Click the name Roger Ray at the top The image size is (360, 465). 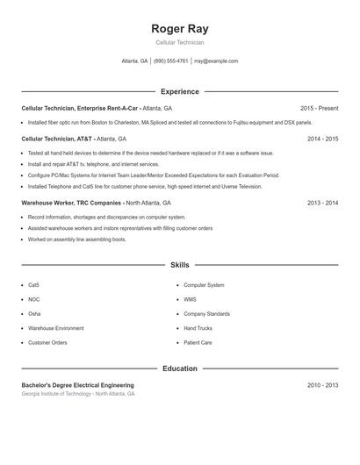(179, 29)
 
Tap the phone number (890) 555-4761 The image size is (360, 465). (171, 61)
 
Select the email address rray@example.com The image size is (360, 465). (216, 61)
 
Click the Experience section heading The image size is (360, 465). (179, 91)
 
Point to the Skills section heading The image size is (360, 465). (179, 264)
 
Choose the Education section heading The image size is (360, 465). (179, 368)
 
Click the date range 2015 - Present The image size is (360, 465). (319, 108)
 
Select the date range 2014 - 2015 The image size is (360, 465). (322, 139)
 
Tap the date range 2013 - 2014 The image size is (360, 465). (322, 203)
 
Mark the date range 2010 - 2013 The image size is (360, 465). (322, 385)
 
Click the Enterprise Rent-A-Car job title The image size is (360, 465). (97, 108)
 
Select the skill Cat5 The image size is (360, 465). (33, 285)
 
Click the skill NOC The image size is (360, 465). (33, 299)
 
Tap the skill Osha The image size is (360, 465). (34, 313)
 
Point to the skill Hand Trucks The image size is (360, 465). (198, 328)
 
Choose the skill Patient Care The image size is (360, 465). (198, 342)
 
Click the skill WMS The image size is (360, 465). (190, 299)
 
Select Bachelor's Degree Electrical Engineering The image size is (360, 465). (78, 385)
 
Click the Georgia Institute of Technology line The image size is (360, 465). (78, 394)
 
